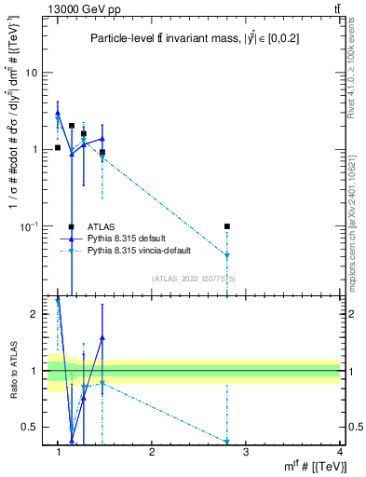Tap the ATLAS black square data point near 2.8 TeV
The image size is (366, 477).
click(x=227, y=226)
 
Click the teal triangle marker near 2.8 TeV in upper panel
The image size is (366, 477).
click(x=227, y=255)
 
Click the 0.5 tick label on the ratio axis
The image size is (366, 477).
click(x=32, y=427)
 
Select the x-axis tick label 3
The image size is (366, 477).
click(x=246, y=451)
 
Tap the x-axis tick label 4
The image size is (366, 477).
click(x=340, y=451)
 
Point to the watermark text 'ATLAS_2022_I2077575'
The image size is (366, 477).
click(x=194, y=278)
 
